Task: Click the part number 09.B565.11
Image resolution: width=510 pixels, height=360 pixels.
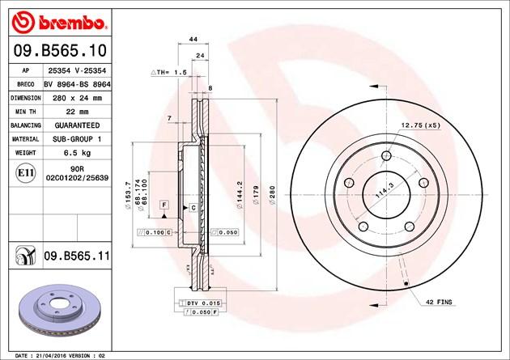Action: [x=80, y=256]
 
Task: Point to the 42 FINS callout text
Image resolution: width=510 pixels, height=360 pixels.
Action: [x=440, y=301]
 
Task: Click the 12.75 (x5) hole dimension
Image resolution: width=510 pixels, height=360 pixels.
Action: [x=419, y=125]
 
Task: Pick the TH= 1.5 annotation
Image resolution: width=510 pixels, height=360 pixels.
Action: [x=170, y=72]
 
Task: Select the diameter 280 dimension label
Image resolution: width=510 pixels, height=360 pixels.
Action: [x=274, y=195]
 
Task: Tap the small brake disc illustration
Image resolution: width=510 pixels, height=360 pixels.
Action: [x=57, y=311]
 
